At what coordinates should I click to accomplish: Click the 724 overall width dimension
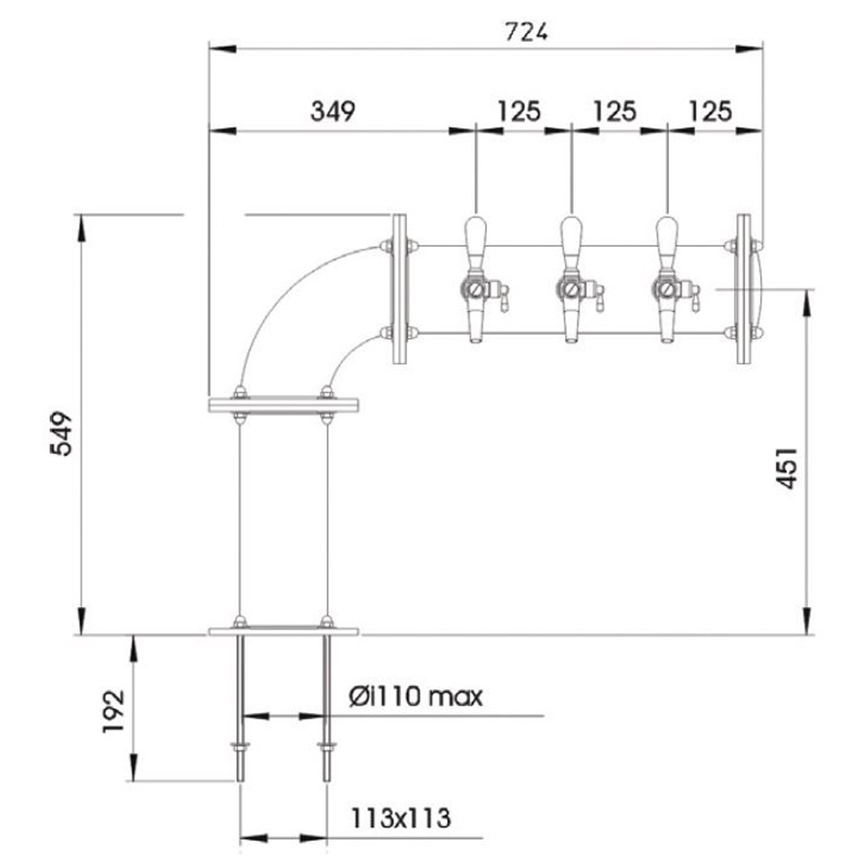pyautogui.click(x=526, y=32)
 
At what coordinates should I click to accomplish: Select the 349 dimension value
pyautogui.click(x=333, y=111)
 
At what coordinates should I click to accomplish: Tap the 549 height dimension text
pyautogui.click(x=61, y=434)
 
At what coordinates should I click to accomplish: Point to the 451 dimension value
pyautogui.click(x=786, y=468)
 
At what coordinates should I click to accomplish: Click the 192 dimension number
pyautogui.click(x=113, y=711)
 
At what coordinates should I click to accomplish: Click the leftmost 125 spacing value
pyautogui.click(x=519, y=111)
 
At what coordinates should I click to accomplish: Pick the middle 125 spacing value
pyautogui.click(x=615, y=111)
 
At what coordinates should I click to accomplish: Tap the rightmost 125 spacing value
pyautogui.click(x=710, y=111)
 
